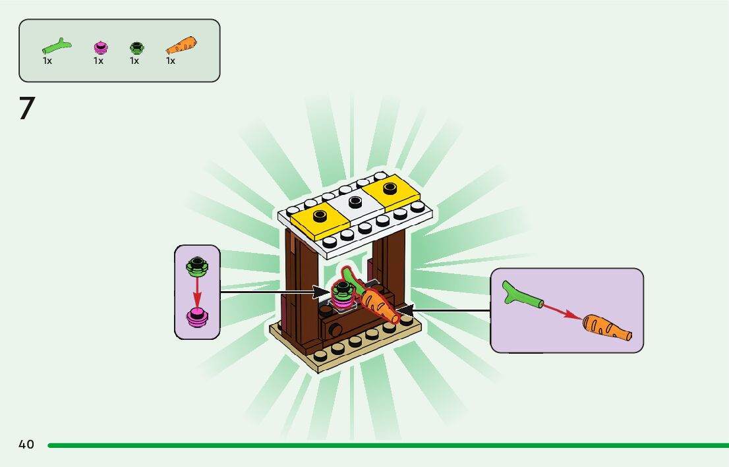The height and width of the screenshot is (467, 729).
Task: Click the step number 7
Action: (x=26, y=109)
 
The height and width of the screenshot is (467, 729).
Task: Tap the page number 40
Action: (x=26, y=445)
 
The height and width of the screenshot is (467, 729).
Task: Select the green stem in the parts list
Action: (x=57, y=46)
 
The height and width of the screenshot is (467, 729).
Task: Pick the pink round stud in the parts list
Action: (x=100, y=47)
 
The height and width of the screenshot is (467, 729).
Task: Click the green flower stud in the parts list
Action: (x=136, y=47)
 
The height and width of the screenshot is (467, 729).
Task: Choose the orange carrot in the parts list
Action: (x=182, y=45)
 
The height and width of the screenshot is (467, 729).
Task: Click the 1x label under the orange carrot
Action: (x=171, y=61)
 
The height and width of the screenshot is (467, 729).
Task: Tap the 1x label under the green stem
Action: (x=47, y=61)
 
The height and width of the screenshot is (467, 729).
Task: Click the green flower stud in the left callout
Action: (x=196, y=267)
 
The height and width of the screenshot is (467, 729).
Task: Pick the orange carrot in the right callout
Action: (x=607, y=327)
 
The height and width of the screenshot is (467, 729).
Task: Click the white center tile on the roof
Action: (x=355, y=204)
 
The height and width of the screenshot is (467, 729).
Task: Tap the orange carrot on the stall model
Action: (x=379, y=305)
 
